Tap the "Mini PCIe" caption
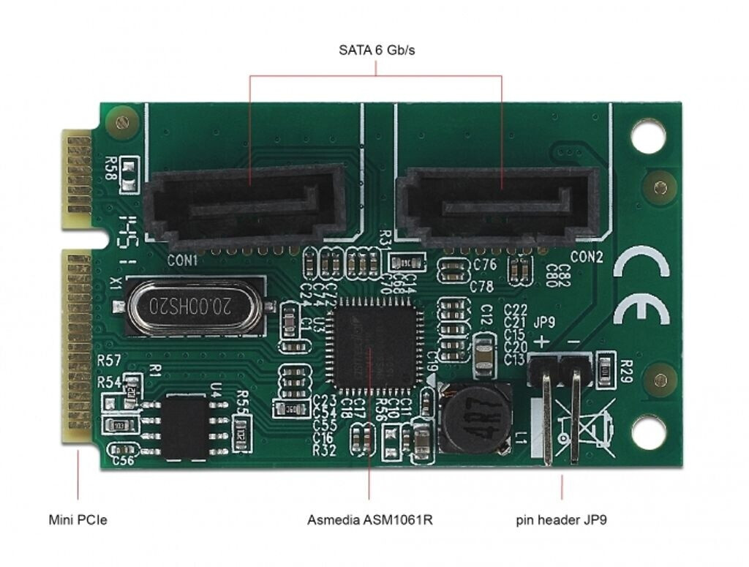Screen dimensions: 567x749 78,520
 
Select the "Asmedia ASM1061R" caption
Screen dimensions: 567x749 370,520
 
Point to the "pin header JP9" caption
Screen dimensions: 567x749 561,520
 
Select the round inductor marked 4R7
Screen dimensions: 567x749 475,421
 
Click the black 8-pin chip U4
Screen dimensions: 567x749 186,426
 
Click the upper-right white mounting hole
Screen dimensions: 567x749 647,137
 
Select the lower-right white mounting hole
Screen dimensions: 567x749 647,431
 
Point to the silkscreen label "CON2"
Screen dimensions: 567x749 586,257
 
